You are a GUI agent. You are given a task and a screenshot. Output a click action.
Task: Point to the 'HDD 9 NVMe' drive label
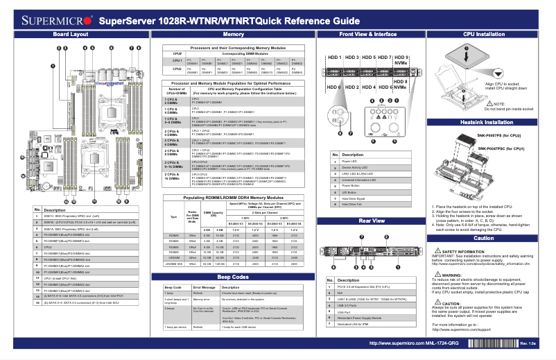tap(401, 60)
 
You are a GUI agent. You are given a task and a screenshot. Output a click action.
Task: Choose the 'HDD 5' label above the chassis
tap(369, 57)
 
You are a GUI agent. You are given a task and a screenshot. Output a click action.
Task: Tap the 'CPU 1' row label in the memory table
tap(177, 62)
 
